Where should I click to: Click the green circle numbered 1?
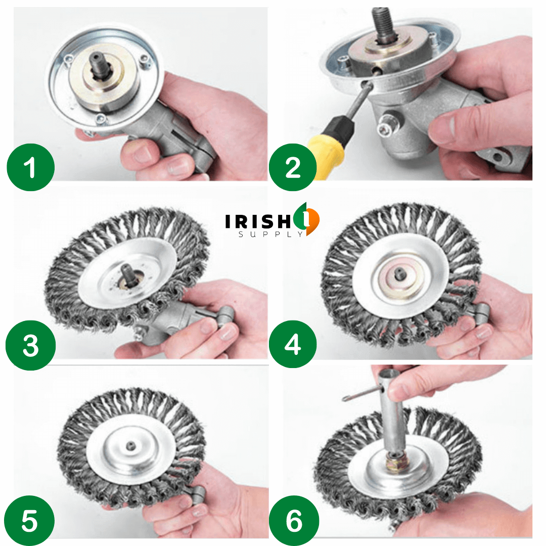pos(30,167)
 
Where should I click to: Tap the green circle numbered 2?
pos(293,167)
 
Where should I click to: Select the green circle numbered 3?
pos(30,346)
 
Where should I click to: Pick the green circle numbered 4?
pos(293,346)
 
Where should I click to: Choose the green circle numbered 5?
pos(30,521)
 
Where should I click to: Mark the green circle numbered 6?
pos(293,521)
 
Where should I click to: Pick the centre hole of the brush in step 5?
pos(130,445)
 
